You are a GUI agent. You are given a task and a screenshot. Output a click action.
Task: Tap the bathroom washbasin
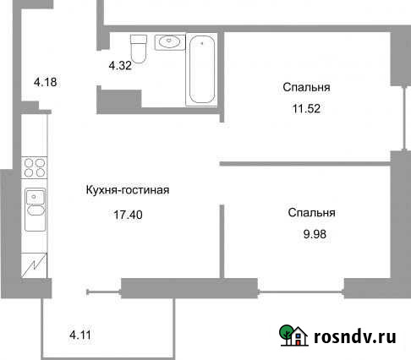coord(170,41)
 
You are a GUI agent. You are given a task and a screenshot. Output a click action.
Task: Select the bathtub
coord(201,69)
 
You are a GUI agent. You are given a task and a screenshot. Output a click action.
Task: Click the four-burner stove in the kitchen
coord(34,167)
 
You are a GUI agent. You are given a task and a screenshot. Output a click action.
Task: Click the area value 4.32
coord(120,64)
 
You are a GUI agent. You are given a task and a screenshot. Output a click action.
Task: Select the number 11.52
coord(306,108)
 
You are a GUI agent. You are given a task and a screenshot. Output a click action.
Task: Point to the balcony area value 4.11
coord(79,335)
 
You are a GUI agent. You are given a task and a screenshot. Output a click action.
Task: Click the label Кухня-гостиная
coord(128,190)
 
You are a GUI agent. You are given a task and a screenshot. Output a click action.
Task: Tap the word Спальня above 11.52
coord(306,87)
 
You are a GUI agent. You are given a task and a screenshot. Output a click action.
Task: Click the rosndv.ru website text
coord(355,337)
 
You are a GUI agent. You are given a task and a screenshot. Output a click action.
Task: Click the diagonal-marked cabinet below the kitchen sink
coord(34,267)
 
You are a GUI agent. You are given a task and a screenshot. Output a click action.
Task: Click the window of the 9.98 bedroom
coord(300,292)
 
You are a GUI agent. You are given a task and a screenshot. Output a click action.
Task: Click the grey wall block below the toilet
coord(119,100)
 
